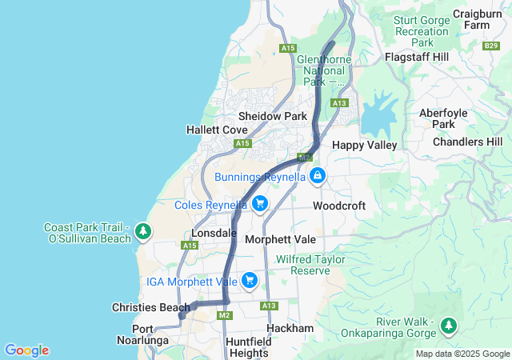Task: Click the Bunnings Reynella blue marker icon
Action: click(x=318, y=175)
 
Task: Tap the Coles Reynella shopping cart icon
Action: click(x=259, y=205)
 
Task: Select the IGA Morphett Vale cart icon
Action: click(x=250, y=280)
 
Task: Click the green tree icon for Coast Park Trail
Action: click(x=142, y=231)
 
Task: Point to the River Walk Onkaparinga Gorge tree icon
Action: click(x=449, y=326)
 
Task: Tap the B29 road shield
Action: click(x=492, y=46)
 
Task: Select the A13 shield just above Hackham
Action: click(x=269, y=306)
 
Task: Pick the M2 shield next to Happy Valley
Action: click(x=304, y=158)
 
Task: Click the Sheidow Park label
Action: click(x=273, y=116)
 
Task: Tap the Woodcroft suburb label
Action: click(x=339, y=206)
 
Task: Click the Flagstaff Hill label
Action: click(x=417, y=58)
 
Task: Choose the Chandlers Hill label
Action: click(x=468, y=142)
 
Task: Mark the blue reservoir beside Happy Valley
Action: click(x=378, y=116)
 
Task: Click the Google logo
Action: click(x=26, y=350)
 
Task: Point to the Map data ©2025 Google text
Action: click(x=462, y=354)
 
